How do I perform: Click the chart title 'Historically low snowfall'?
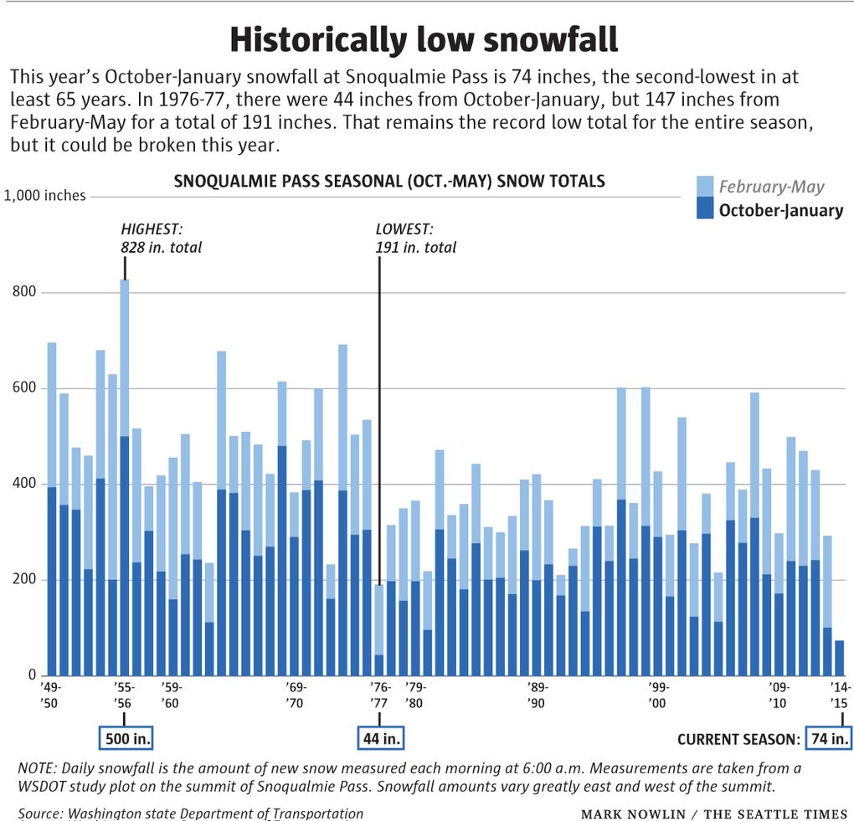click(x=424, y=39)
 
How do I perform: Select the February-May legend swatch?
click(x=705, y=187)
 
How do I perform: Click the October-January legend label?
click(x=780, y=210)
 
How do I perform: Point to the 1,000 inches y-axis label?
click(x=45, y=196)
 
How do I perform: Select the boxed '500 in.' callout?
click(x=126, y=739)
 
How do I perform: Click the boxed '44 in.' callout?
click(x=381, y=739)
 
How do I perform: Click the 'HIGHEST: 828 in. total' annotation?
click(x=161, y=238)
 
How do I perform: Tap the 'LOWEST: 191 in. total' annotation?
click(x=416, y=238)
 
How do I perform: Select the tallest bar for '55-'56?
click(x=124, y=477)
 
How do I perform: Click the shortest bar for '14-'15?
click(x=840, y=658)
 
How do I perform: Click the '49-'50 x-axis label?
click(x=49, y=695)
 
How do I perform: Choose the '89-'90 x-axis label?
click(x=537, y=695)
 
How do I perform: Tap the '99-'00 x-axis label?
click(x=658, y=695)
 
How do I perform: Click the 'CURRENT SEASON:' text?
click(x=737, y=739)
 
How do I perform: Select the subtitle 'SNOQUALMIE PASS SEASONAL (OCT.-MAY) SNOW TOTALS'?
click(x=388, y=182)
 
